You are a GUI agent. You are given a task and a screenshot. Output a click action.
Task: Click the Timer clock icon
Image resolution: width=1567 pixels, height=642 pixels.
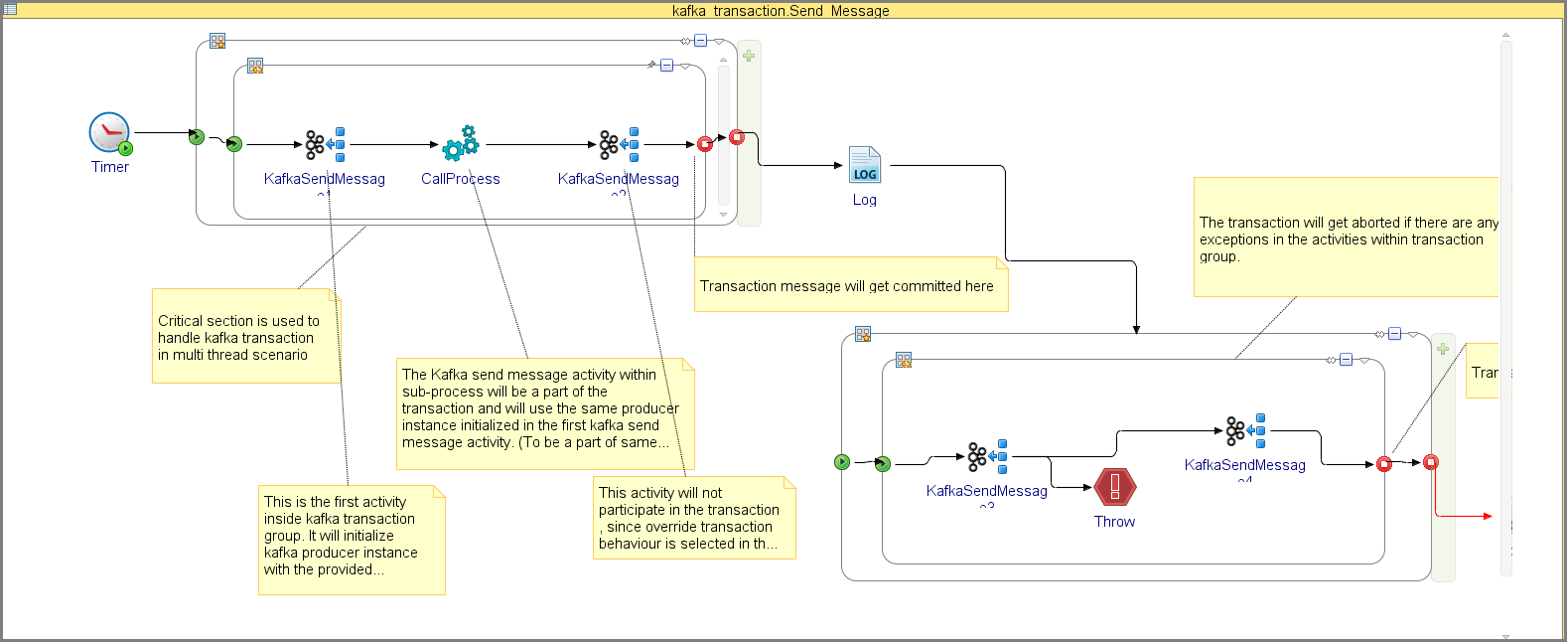(x=109, y=132)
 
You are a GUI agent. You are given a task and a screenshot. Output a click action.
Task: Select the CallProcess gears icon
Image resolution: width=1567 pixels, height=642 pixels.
(x=461, y=144)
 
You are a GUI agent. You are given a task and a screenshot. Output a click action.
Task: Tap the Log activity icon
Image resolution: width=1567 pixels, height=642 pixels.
(x=864, y=165)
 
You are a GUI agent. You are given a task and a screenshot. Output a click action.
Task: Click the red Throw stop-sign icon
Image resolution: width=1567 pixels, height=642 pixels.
(x=1115, y=487)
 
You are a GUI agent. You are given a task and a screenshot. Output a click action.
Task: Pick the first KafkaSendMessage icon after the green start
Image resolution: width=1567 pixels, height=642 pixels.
(x=325, y=144)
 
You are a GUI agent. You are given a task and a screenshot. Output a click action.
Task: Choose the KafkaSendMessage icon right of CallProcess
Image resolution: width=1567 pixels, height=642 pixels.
(x=619, y=144)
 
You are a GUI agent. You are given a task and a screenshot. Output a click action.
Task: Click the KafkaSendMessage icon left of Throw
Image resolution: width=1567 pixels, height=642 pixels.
(x=987, y=456)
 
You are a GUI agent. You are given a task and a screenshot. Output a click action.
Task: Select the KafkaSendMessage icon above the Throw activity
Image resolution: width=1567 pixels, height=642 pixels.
(x=1245, y=430)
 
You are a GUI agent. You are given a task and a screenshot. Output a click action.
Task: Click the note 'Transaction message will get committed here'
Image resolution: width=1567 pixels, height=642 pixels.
(x=850, y=285)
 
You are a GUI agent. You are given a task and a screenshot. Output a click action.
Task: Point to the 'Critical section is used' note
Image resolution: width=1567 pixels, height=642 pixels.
(x=245, y=337)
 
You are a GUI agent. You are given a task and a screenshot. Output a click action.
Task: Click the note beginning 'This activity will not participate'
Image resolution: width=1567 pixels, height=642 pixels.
(x=693, y=518)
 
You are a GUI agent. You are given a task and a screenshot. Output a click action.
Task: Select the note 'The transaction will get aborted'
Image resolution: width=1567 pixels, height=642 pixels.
(x=1346, y=239)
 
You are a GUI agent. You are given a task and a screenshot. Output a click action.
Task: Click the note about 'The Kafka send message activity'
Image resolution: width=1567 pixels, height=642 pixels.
(x=544, y=412)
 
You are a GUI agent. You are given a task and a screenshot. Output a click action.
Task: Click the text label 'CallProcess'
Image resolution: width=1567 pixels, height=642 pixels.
(x=460, y=179)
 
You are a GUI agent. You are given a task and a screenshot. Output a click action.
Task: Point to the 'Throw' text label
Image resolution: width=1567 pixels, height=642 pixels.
(x=1114, y=522)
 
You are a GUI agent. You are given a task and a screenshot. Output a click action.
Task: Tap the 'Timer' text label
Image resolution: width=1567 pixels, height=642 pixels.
(x=109, y=167)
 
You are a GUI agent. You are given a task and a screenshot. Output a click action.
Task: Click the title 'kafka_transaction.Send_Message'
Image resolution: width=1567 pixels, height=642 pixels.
(x=781, y=11)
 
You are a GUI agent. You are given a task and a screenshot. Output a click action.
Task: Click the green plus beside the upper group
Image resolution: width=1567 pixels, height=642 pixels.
(x=749, y=56)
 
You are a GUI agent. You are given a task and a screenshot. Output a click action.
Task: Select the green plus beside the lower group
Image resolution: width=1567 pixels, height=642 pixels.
(x=1443, y=349)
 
